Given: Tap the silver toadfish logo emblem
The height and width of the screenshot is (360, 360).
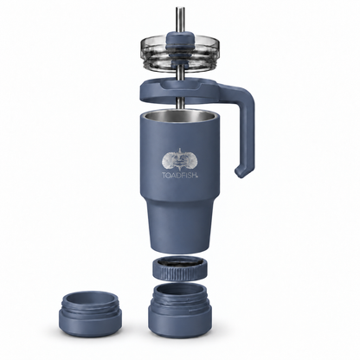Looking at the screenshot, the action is pos(180,160).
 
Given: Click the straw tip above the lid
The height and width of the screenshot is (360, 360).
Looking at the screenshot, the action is pos(180,9).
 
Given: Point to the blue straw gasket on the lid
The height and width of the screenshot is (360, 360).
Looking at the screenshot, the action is pos(180,39).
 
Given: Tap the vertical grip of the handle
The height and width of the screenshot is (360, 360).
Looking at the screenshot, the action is pos(247,132).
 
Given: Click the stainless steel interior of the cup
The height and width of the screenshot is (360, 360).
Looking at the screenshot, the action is pos(179,118).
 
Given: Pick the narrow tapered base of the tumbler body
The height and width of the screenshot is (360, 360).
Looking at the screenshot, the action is pos(179,225).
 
